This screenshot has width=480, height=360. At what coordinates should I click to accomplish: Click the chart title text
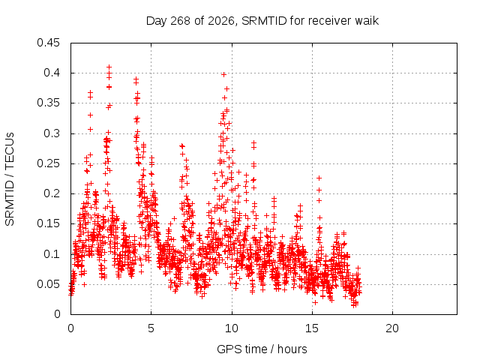coord(262,21)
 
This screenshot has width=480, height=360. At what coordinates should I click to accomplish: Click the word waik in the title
coord(367,21)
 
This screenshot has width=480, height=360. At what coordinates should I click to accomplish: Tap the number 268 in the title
coord(180,21)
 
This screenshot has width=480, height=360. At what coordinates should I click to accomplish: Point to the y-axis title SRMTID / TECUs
coord(10,179)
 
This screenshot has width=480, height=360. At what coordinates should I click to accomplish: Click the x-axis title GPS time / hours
coord(262,349)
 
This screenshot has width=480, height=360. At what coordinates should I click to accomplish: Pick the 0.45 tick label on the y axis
coord(48,43)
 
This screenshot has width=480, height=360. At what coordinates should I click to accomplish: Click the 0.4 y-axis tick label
coord(52,73)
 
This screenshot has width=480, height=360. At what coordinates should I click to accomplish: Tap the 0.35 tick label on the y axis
coord(48,103)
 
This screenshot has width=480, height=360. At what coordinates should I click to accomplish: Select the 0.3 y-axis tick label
coord(52,133)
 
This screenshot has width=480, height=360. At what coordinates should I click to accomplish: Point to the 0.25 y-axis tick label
coord(48,163)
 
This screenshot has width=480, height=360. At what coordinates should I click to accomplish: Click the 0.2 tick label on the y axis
coord(52,193)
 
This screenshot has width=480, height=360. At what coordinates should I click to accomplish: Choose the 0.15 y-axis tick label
coord(48,223)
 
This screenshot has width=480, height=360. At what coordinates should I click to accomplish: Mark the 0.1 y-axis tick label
coord(52,253)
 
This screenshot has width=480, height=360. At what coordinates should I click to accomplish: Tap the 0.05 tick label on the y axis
coord(48,284)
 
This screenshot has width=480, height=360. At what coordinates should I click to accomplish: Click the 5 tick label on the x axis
coord(151,328)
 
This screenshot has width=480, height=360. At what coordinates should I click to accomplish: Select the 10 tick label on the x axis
coord(232,328)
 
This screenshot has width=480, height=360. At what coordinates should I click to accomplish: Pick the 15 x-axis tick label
coord(312,328)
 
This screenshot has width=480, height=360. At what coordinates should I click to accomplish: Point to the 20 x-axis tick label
coord(392,328)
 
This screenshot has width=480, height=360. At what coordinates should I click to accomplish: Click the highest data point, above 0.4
coord(109,67)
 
